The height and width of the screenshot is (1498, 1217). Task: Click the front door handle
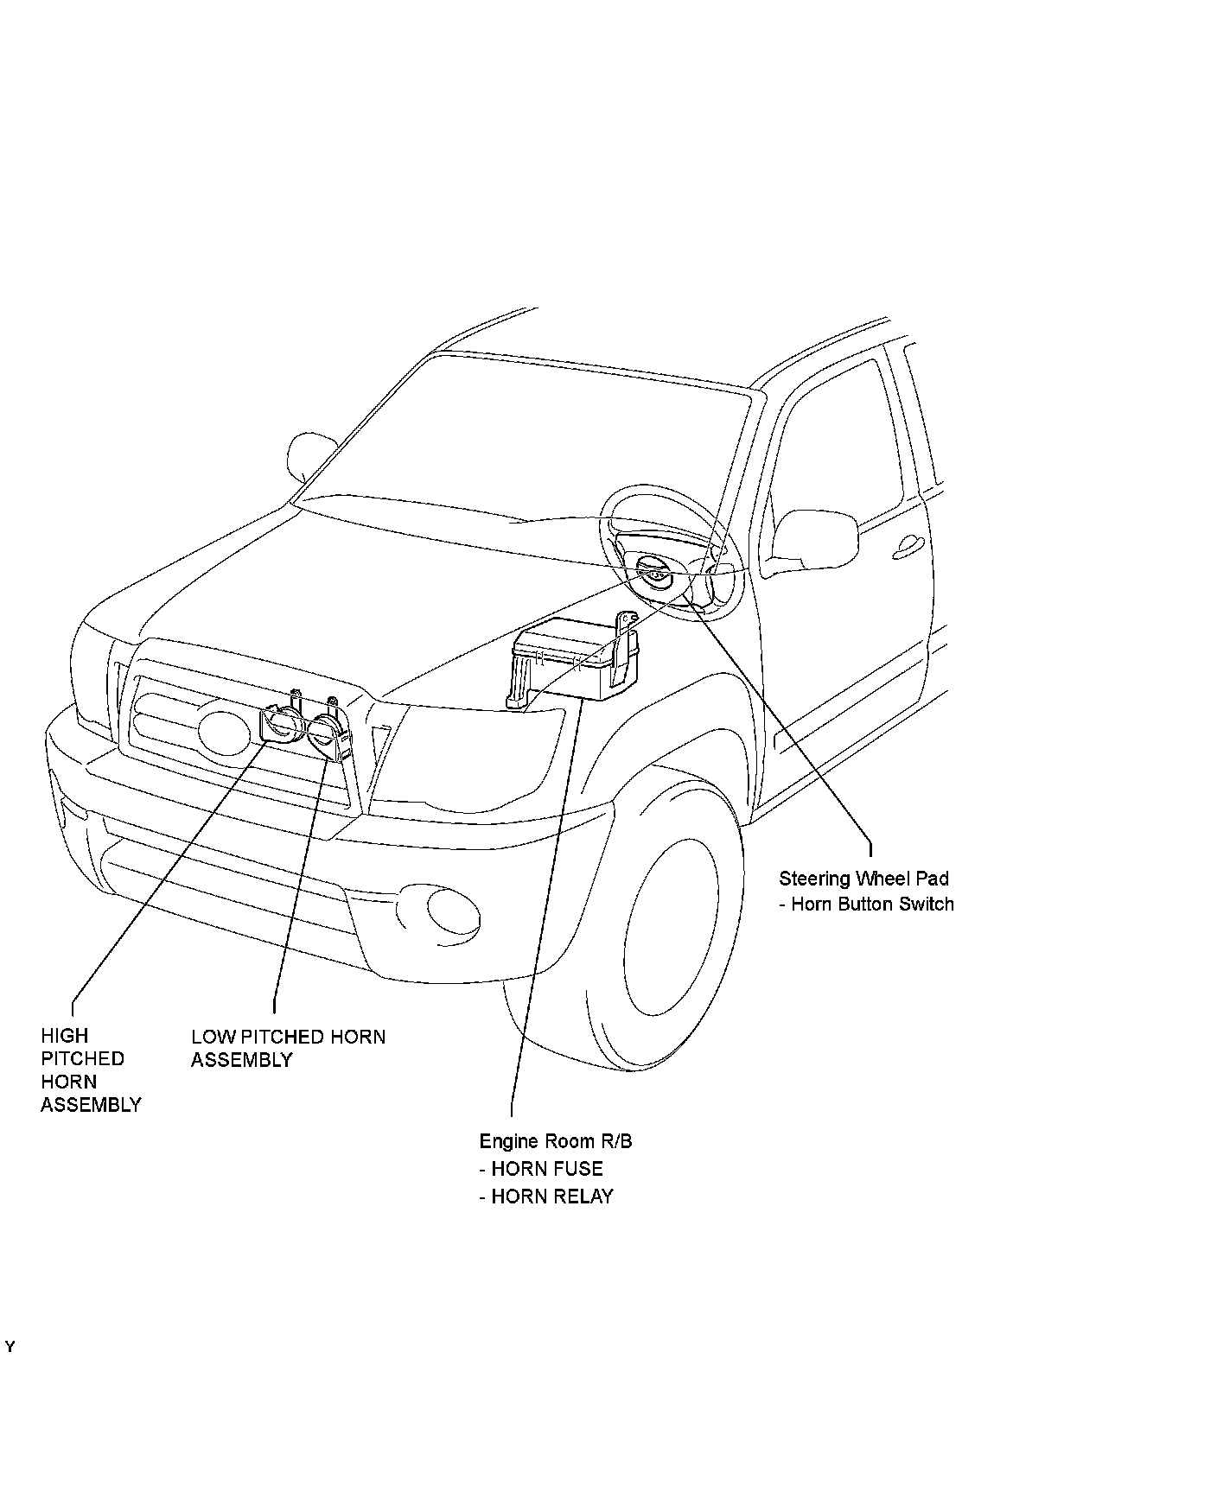point(908,543)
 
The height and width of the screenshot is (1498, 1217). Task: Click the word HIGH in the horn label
point(65,1035)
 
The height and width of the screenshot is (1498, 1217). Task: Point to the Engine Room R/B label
point(556,1141)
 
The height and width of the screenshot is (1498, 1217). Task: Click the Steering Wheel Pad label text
point(863,879)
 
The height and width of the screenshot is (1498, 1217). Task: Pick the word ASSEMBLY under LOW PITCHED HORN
point(242,1060)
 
